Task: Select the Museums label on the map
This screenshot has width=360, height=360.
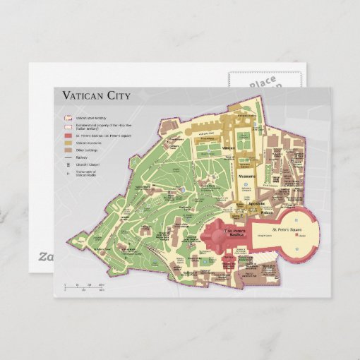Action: coord(247,176)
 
